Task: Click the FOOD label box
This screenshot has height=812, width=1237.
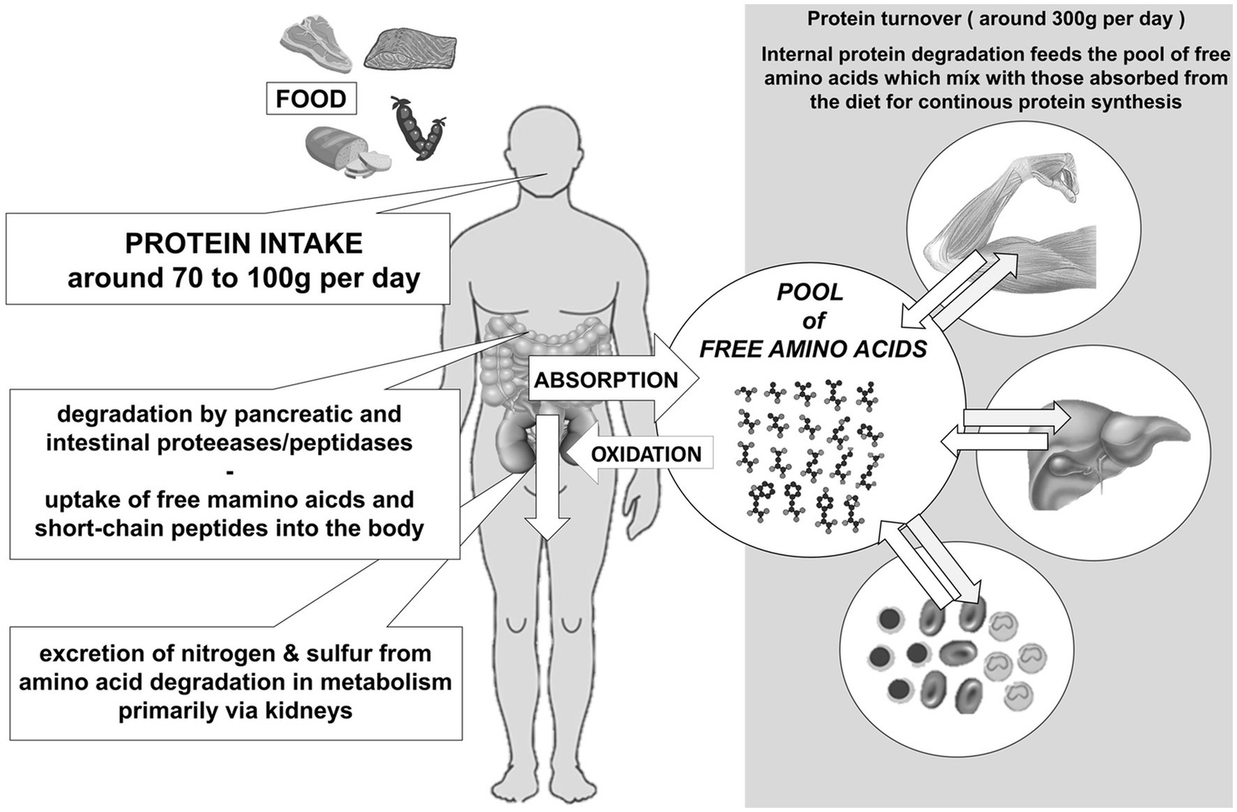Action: (x=310, y=99)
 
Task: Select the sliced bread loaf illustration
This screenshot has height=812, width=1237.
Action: (x=342, y=151)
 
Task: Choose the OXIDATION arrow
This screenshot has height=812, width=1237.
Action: (x=637, y=454)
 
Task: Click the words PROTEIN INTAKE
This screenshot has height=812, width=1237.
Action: (x=243, y=243)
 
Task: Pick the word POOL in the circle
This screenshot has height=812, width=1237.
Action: (x=810, y=292)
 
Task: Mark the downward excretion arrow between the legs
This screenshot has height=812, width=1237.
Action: (x=547, y=483)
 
